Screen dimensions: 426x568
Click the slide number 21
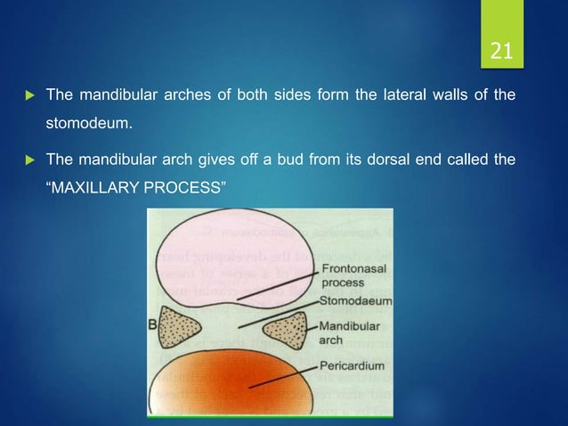tap(501, 51)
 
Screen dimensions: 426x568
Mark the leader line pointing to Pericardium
tap(285, 376)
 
